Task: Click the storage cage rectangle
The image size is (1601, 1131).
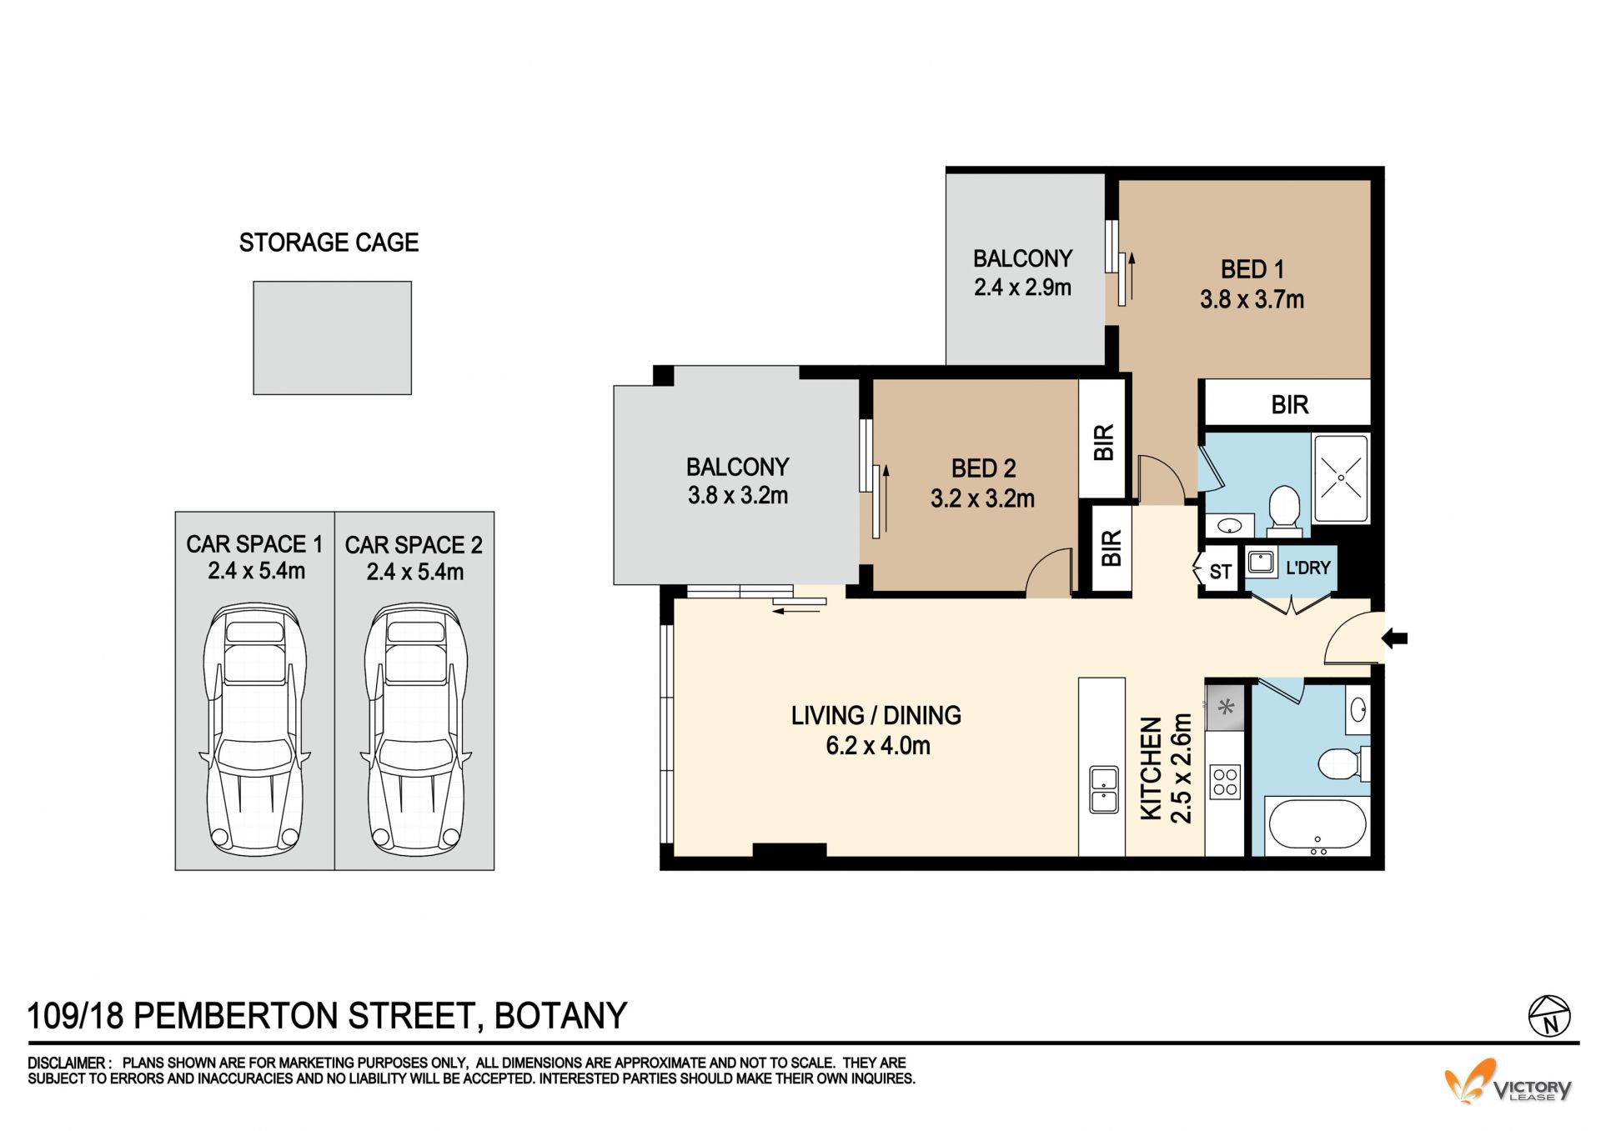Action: point(332,338)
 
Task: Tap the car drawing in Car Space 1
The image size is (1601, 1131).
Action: point(254,730)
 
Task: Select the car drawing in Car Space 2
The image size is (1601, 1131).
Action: point(415,730)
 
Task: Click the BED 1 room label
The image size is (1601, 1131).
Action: point(1252,269)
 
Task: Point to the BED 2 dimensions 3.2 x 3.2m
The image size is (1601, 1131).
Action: point(982,498)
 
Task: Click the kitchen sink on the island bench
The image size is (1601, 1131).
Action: point(1103,790)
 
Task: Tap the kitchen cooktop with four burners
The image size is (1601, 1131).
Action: point(1225,783)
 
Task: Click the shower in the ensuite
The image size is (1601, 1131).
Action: point(1341,478)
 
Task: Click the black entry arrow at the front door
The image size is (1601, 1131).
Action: point(1395,639)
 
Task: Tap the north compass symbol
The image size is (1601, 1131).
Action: point(1549,1016)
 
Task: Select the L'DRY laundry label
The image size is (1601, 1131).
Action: point(1307,568)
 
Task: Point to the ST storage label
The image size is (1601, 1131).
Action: point(1220,572)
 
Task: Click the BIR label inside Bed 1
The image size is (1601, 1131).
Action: point(1289,405)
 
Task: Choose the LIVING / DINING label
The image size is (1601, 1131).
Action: point(876,715)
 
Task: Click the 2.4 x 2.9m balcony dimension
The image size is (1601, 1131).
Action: point(1022,288)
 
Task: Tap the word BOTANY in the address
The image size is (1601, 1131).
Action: point(560,1016)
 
